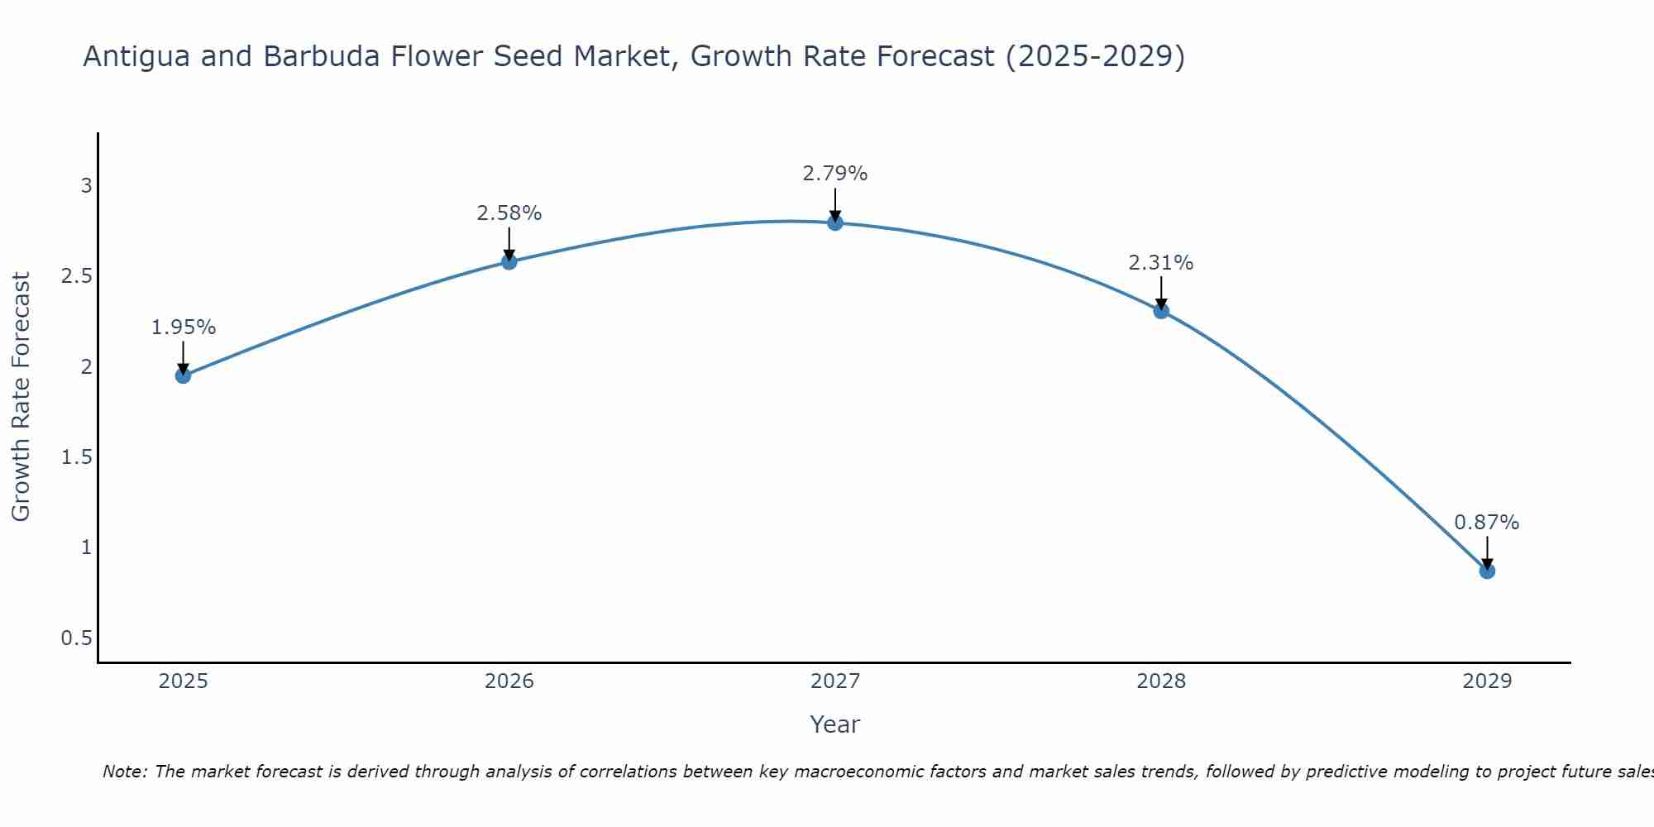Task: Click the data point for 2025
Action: point(183,375)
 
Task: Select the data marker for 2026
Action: point(509,261)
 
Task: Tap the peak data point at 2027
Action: point(835,222)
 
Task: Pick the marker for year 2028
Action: point(1161,311)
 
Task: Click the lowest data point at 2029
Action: point(1487,571)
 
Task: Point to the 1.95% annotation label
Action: point(183,327)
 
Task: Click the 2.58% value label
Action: point(509,213)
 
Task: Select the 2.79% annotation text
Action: point(835,174)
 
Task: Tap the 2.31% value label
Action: point(1161,263)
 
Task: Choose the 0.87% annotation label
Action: point(1487,523)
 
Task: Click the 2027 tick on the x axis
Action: point(835,681)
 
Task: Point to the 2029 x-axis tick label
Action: point(1487,681)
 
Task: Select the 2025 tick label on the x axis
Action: point(183,681)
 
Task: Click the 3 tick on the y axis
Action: point(86,186)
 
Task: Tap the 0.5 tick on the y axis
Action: point(77,638)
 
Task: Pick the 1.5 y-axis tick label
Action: point(77,457)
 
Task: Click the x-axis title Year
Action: point(835,724)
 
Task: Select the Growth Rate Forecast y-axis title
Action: point(22,397)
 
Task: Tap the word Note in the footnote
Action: point(124,772)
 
